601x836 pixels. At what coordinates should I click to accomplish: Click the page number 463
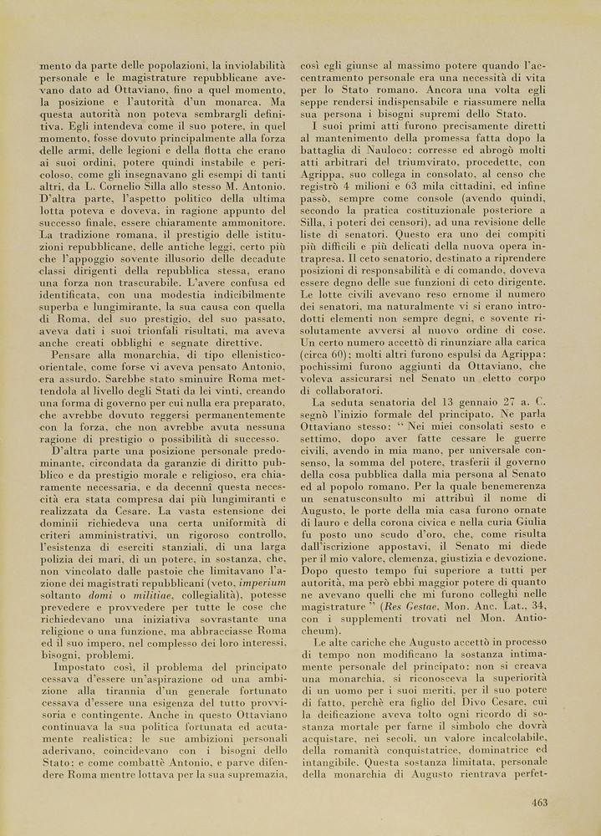[x=538, y=803]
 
